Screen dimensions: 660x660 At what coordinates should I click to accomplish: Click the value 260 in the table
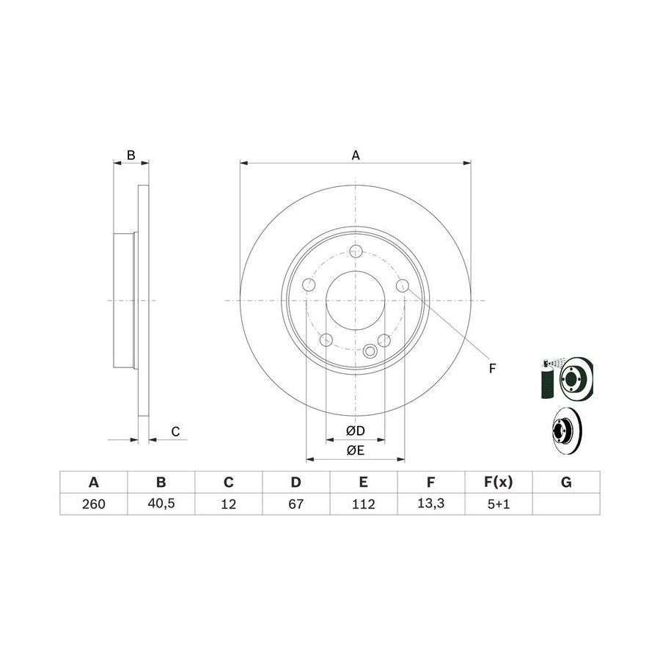point(93,504)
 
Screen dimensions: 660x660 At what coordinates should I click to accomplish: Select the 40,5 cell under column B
point(161,504)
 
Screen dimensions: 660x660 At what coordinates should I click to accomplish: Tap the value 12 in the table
point(229,504)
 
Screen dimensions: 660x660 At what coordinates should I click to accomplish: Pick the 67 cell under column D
point(296,504)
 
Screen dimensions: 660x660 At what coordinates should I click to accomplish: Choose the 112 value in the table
point(363,504)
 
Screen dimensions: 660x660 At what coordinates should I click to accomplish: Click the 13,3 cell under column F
point(431,504)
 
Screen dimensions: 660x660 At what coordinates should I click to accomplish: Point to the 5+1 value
point(499,504)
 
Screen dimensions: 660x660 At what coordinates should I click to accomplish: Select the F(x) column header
point(499,482)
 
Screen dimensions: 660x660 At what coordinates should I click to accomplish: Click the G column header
point(566,482)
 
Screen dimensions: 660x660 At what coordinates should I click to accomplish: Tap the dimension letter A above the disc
point(356,155)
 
